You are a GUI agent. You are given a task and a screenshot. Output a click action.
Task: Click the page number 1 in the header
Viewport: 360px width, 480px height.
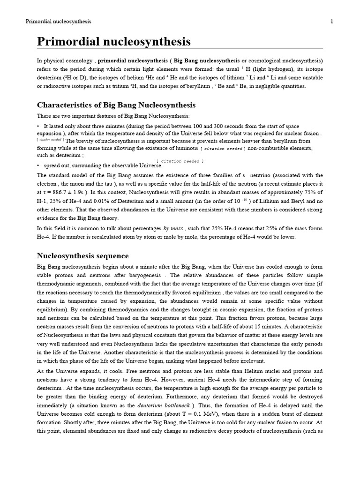331,22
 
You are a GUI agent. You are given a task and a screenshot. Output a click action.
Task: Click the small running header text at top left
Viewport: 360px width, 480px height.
58,22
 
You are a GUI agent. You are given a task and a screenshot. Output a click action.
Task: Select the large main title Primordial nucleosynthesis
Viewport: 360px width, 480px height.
114,42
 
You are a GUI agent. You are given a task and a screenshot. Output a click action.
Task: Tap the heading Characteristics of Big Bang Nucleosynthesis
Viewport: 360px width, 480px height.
116,105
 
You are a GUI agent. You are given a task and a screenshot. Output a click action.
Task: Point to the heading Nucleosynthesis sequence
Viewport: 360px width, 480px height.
82,256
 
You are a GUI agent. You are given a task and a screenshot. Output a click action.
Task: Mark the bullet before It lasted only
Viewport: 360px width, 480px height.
38,127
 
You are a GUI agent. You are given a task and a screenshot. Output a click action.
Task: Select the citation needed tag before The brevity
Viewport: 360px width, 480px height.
51,140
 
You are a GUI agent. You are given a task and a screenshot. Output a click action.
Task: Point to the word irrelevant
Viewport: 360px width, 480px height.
251,361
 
